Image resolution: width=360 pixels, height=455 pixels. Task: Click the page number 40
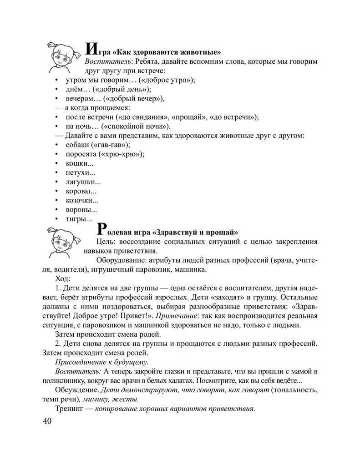click(47, 421)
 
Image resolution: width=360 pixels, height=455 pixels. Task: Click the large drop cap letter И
click(90, 49)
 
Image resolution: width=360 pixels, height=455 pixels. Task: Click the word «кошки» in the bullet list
click(77, 164)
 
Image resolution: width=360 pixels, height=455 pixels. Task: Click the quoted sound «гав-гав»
click(110, 145)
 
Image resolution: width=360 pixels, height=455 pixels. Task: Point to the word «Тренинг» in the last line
click(69, 408)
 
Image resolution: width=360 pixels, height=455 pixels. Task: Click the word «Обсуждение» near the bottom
click(76, 390)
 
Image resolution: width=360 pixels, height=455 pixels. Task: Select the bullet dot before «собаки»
click(56, 145)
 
